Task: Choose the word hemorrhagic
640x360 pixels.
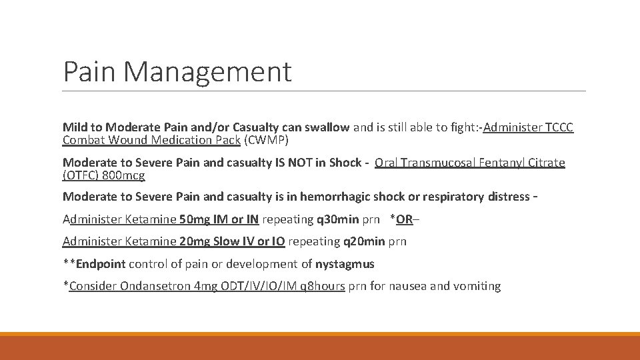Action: [335, 196]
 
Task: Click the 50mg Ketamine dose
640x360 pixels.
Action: [193, 219]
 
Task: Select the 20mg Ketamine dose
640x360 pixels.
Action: [193, 241]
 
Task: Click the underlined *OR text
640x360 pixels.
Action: [401, 219]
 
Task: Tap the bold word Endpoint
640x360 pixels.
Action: [101, 264]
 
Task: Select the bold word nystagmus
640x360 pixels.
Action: [345, 264]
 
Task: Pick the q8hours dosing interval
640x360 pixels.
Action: [323, 286]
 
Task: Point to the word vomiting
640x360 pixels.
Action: [477, 286]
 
